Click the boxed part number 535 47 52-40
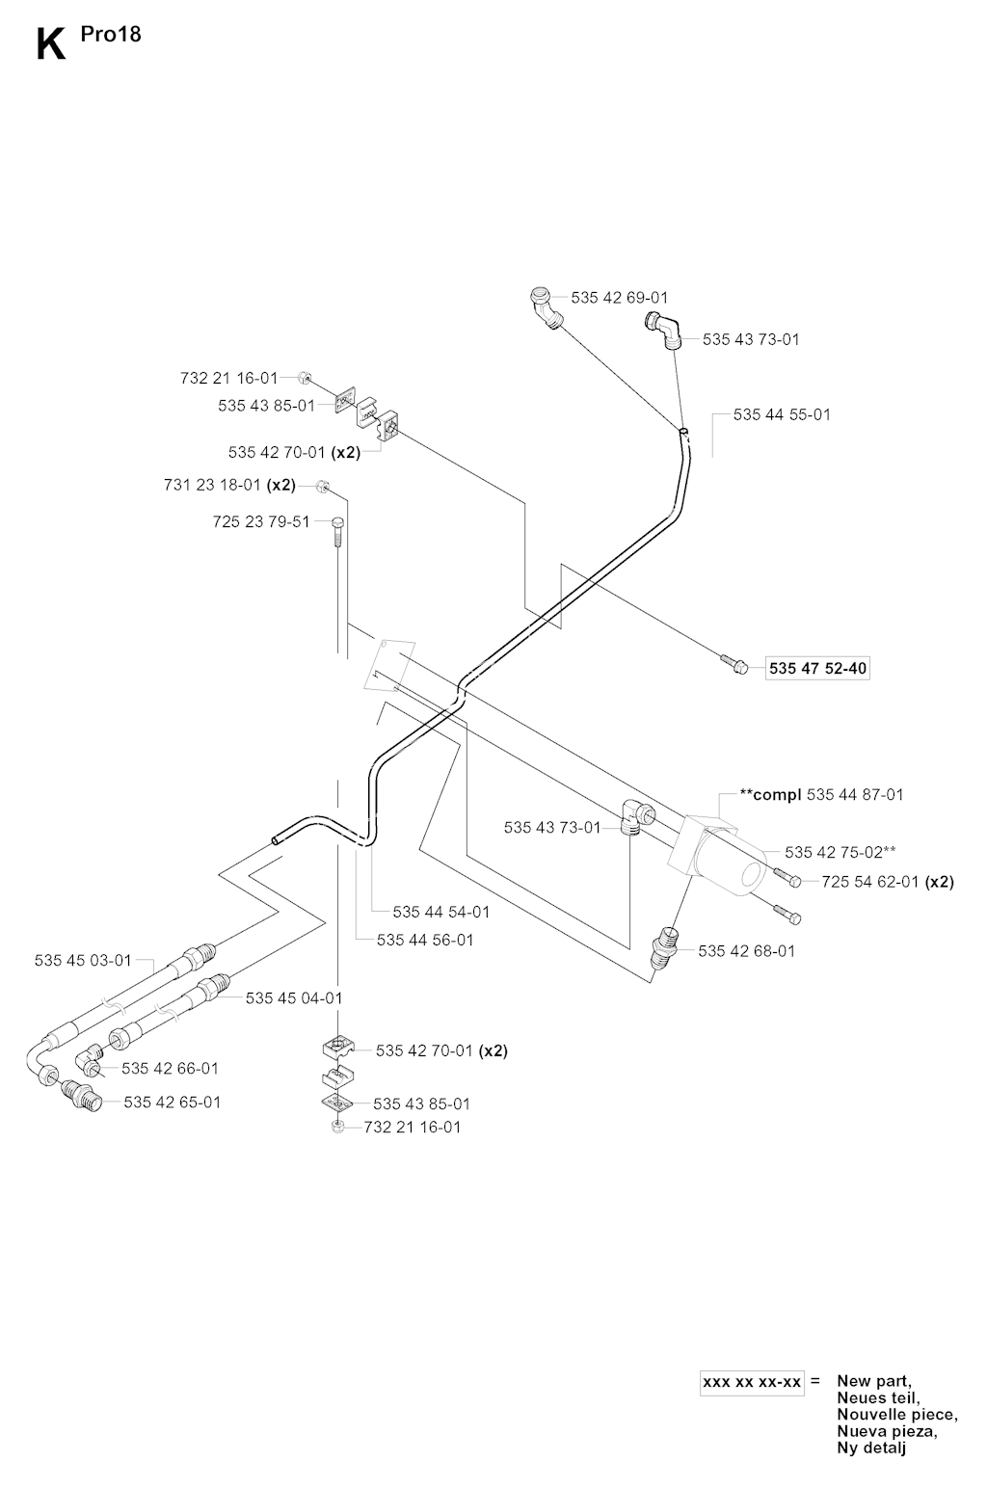[x=818, y=668]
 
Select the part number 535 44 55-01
[x=782, y=414]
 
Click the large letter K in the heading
[x=51, y=44]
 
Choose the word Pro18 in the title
[x=118, y=35]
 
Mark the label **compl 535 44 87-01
[x=821, y=795]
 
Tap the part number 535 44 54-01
[x=441, y=912]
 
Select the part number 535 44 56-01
[x=425, y=940]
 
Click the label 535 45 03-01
[x=83, y=960]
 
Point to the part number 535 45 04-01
[x=294, y=998]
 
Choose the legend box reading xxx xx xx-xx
[x=752, y=1382]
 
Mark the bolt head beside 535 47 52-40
[x=733, y=664]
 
